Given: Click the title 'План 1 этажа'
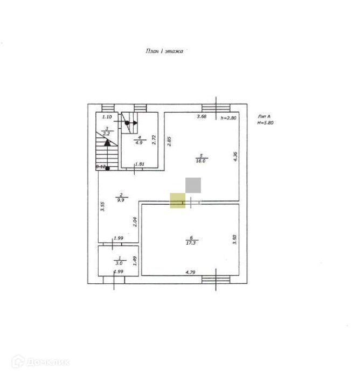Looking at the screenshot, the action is [165, 51].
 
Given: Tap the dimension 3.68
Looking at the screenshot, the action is [202, 117].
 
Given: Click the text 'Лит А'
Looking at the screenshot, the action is [264, 116].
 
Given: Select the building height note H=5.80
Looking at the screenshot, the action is [266, 123].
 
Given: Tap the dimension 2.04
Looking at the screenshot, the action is [134, 221].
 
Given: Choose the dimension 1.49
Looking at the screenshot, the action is [134, 261].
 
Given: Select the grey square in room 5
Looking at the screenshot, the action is [193, 185].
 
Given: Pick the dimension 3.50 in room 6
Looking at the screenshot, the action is [234, 239].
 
